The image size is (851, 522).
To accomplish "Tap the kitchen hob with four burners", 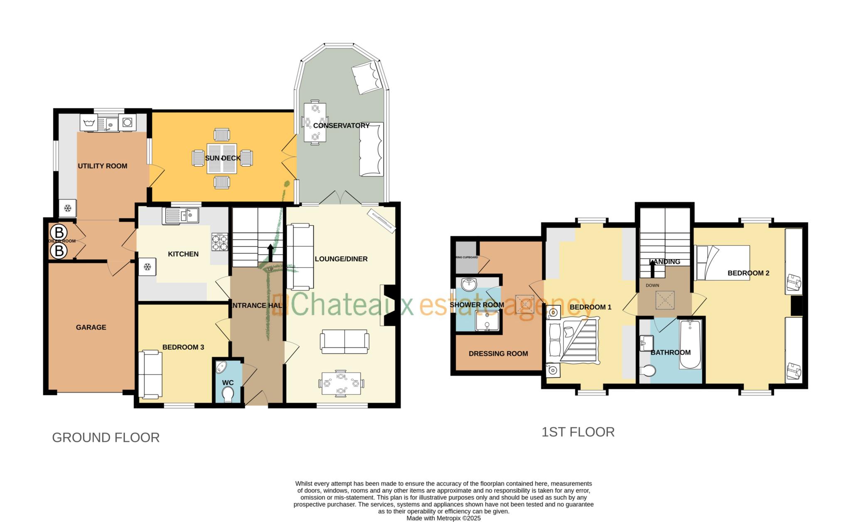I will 220,242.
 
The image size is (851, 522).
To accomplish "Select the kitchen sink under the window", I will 182,216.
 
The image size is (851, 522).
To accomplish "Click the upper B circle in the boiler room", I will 59,232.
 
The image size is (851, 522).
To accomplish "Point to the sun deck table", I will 222,158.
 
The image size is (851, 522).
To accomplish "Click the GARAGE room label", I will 91,327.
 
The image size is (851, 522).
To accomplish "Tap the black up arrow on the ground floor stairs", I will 270,252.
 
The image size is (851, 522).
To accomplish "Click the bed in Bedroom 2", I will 722,263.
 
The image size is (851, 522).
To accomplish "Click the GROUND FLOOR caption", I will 106,438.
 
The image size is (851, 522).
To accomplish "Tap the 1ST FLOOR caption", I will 578,432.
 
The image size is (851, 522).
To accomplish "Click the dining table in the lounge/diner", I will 341,383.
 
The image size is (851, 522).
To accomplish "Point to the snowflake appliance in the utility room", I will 67,208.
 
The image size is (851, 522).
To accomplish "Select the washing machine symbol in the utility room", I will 127,122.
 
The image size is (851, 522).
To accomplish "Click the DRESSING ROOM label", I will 498,354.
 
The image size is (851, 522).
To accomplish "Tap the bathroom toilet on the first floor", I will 648,370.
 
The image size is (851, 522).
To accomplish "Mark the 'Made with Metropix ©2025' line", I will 443,518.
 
